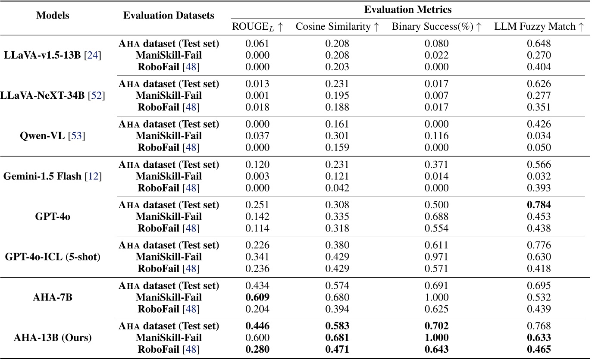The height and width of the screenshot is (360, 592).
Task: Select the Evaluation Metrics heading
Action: [x=408, y=9]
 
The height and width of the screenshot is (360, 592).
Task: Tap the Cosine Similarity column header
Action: [x=337, y=27]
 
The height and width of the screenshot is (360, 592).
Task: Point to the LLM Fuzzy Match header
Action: [x=539, y=27]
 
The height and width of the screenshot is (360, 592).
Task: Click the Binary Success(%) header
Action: [x=436, y=27]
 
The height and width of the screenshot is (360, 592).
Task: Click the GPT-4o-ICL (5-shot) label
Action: [x=53, y=257]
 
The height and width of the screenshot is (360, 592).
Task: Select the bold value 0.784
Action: [x=539, y=205]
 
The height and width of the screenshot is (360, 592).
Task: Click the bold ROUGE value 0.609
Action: [x=257, y=297]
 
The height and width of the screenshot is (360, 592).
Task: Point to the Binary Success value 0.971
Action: [x=436, y=257]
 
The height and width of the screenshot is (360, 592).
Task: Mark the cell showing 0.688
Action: [x=436, y=216]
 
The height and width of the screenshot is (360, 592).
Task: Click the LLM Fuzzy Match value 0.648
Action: [x=539, y=44]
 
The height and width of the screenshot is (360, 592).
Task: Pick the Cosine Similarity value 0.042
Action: [x=337, y=188]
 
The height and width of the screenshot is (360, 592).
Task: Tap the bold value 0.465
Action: [x=539, y=350]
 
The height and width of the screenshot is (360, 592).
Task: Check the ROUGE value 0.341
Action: [x=257, y=257]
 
